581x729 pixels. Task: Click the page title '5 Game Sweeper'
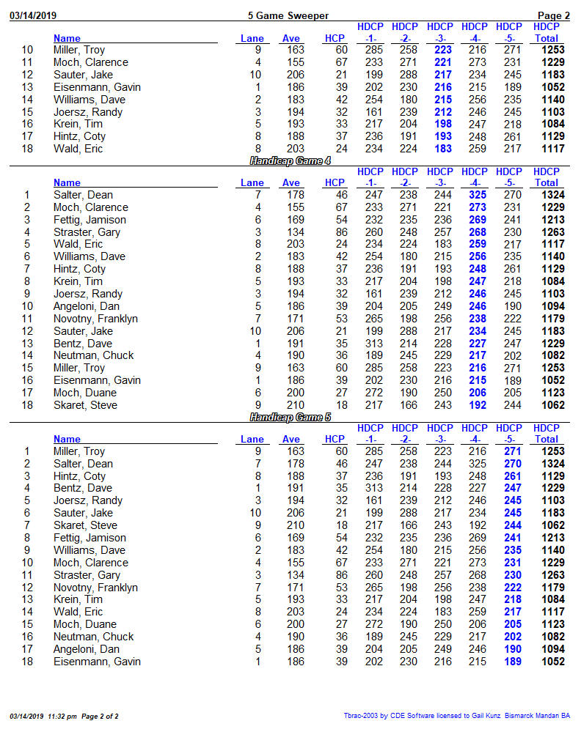coord(288,15)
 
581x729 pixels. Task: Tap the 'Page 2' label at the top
coord(554,15)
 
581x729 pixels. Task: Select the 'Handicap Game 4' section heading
coord(290,160)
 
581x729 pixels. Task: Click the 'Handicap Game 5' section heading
coord(290,417)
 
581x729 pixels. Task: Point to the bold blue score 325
coord(475,195)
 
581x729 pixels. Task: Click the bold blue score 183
coord(442,149)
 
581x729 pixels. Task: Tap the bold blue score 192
coord(475,405)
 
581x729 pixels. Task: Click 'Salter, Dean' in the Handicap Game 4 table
coord(83,195)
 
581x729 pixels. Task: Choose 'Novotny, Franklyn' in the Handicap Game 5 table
coord(95,588)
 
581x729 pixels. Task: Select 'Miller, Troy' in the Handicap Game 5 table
coord(79,451)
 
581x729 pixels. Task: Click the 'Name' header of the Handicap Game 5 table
coord(67,439)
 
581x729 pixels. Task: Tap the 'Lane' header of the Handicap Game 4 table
coord(252,182)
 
